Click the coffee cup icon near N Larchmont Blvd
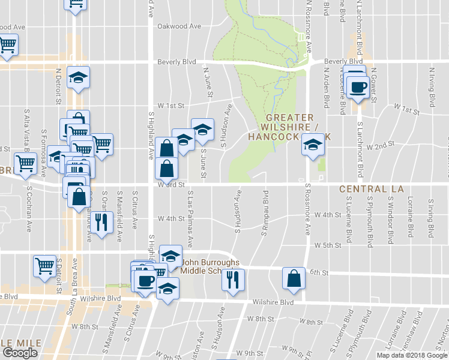click(358, 87)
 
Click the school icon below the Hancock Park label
click(312, 146)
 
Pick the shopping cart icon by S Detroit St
click(45, 266)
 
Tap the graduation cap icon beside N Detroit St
click(77, 78)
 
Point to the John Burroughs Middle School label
click(210, 266)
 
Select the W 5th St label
click(327, 245)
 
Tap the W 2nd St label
click(379, 146)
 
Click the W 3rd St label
click(171, 185)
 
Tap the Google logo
click(20, 353)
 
